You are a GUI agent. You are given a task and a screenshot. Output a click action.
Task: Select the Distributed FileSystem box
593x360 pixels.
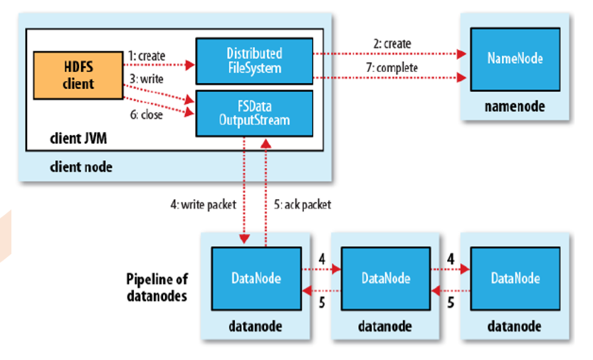coord(253,60)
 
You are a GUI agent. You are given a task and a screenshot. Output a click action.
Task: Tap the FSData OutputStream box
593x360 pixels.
coord(253,111)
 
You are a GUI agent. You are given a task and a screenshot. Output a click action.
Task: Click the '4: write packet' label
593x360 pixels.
coord(204,203)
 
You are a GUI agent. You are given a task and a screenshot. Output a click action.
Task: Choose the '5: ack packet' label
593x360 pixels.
coord(302,203)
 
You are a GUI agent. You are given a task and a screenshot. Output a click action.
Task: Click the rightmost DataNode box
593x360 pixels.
coord(514,278)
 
